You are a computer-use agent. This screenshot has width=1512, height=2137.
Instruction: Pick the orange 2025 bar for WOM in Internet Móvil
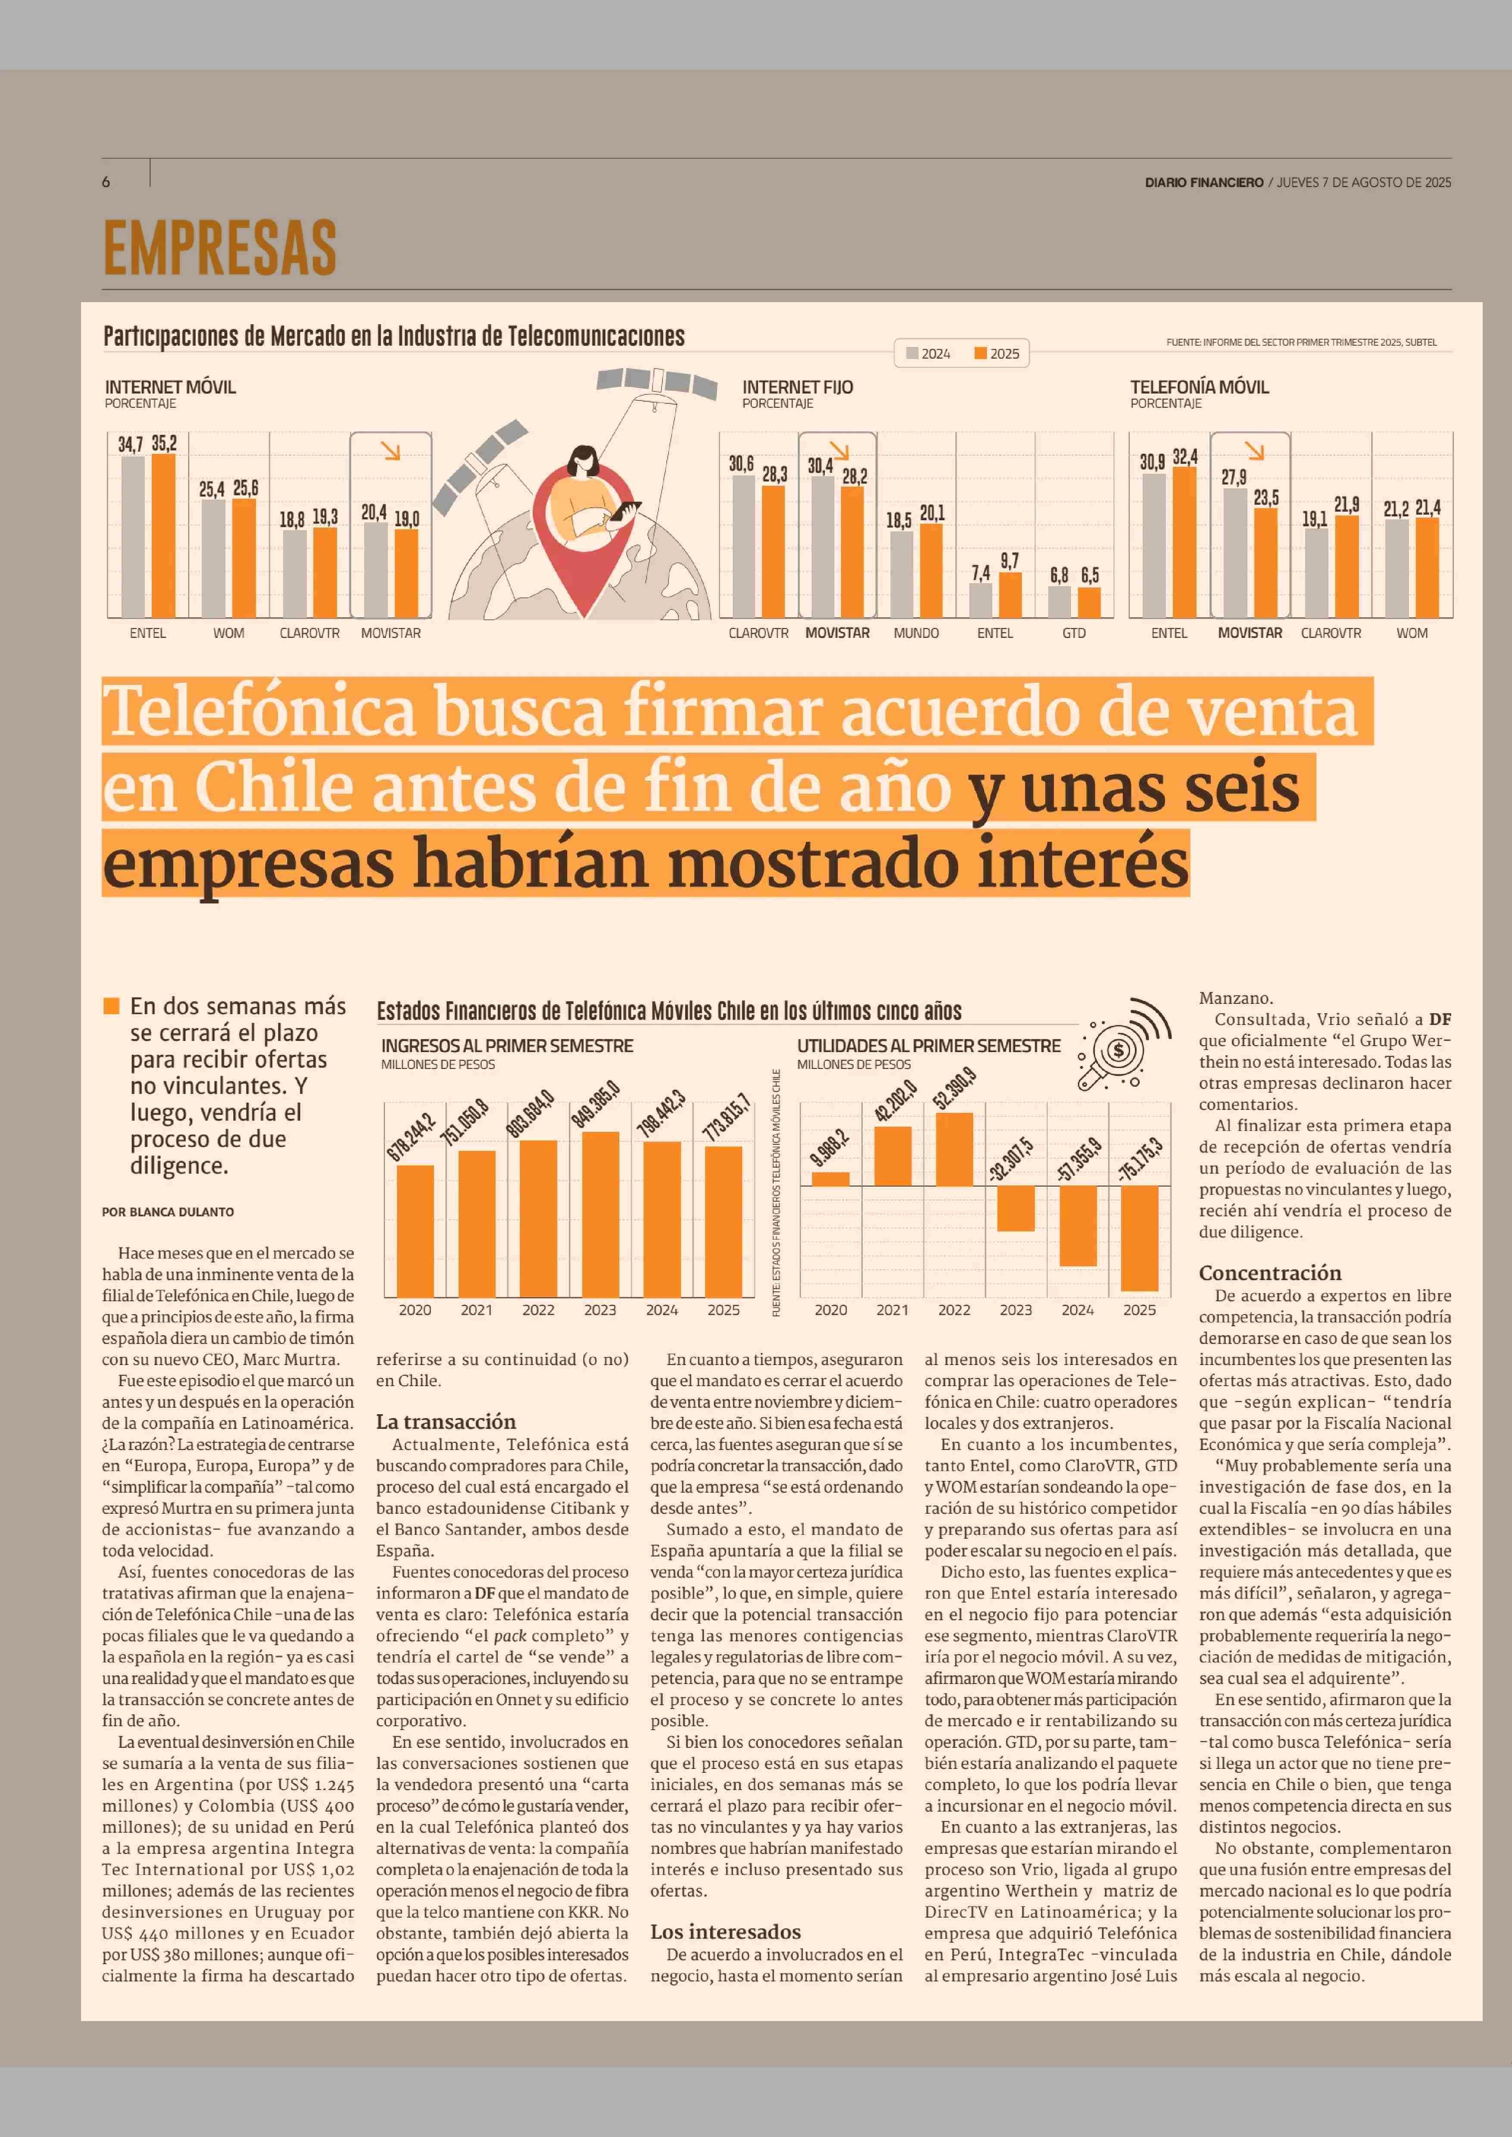pos(244,558)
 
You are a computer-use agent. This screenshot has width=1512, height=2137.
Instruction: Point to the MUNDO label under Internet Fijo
pos(916,633)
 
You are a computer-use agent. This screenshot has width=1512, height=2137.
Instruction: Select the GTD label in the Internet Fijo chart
pos(1074,633)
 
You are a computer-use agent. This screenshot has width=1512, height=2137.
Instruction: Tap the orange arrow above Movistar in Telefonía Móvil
pos(1255,451)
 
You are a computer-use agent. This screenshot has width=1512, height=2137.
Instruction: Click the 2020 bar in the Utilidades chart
pos(831,1179)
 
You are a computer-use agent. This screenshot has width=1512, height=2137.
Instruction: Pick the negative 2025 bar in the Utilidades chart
pos(1140,1238)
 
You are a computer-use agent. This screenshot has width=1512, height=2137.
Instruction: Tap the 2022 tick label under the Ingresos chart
pos(538,1310)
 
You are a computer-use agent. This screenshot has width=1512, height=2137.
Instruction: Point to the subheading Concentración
pos(1270,1273)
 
